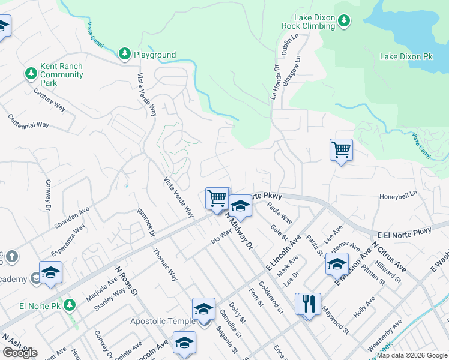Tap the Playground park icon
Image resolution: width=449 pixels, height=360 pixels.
pyautogui.click(x=125, y=55)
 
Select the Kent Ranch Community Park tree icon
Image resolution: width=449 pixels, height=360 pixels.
pyautogui.click(x=31, y=73)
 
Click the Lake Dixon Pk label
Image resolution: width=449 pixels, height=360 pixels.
pyautogui.click(x=406, y=56)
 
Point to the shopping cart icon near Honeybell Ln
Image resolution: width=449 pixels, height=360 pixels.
pyautogui.click(x=341, y=149)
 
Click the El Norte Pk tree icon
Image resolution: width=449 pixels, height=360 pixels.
pyautogui.click(x=70, y=305)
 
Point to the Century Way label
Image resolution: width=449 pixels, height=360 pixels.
pyautogui.click(x=49, y=99)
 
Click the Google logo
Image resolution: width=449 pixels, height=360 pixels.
pyautogui.click(x=20, y=353)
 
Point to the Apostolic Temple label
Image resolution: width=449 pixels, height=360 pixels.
pyautogui.click(x=163, y=321)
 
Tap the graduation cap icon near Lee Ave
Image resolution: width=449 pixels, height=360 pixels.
pyautogui.click(x=337, y=264)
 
